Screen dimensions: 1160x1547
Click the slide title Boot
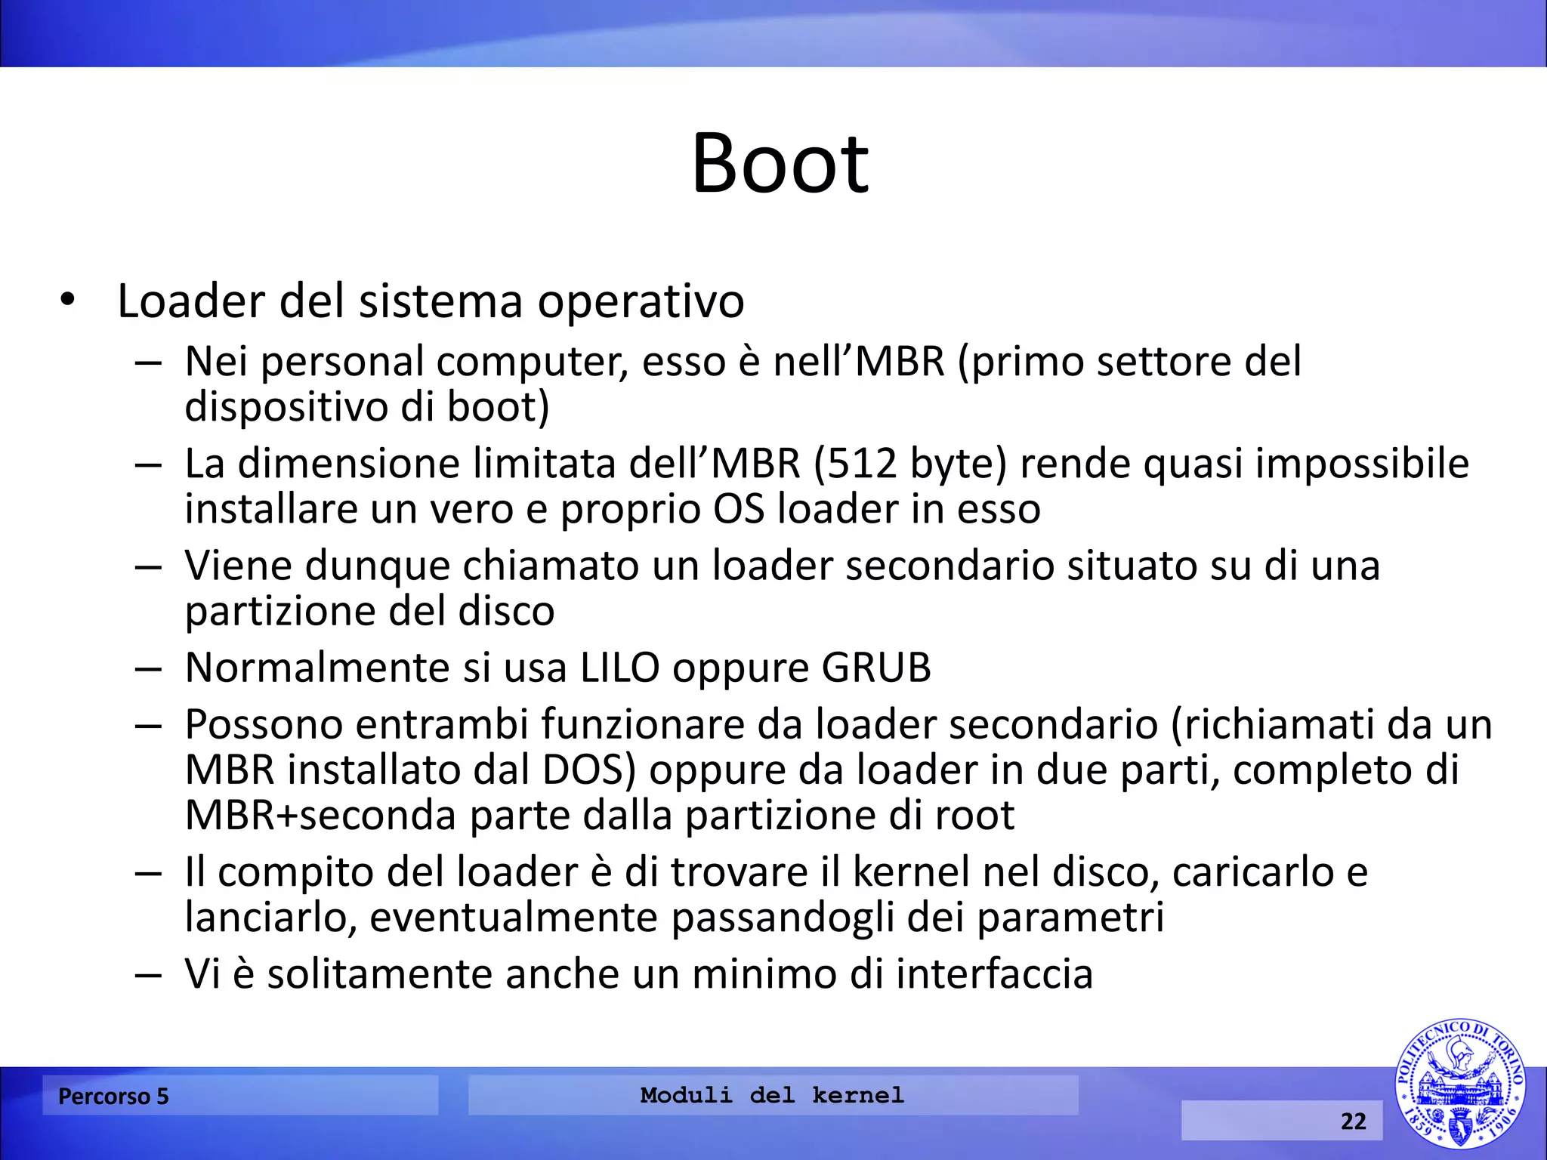pos(780,164)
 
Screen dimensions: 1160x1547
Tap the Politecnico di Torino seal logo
pos(1459,1084)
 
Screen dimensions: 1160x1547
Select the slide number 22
pos(1353,1121)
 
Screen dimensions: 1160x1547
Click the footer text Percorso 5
pos(113,1096)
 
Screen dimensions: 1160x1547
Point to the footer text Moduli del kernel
pos(772,1095)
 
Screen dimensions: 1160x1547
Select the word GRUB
pos(876,668)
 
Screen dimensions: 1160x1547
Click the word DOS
pos(583,770)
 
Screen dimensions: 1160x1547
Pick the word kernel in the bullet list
pos(911,872)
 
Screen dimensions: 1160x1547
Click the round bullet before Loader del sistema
pos(68,301)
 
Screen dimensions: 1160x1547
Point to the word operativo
pos(641,301)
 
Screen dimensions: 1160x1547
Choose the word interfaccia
pos(994,973)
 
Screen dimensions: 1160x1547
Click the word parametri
pos(1070,918)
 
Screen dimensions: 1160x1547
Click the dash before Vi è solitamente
pos(148,974)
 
